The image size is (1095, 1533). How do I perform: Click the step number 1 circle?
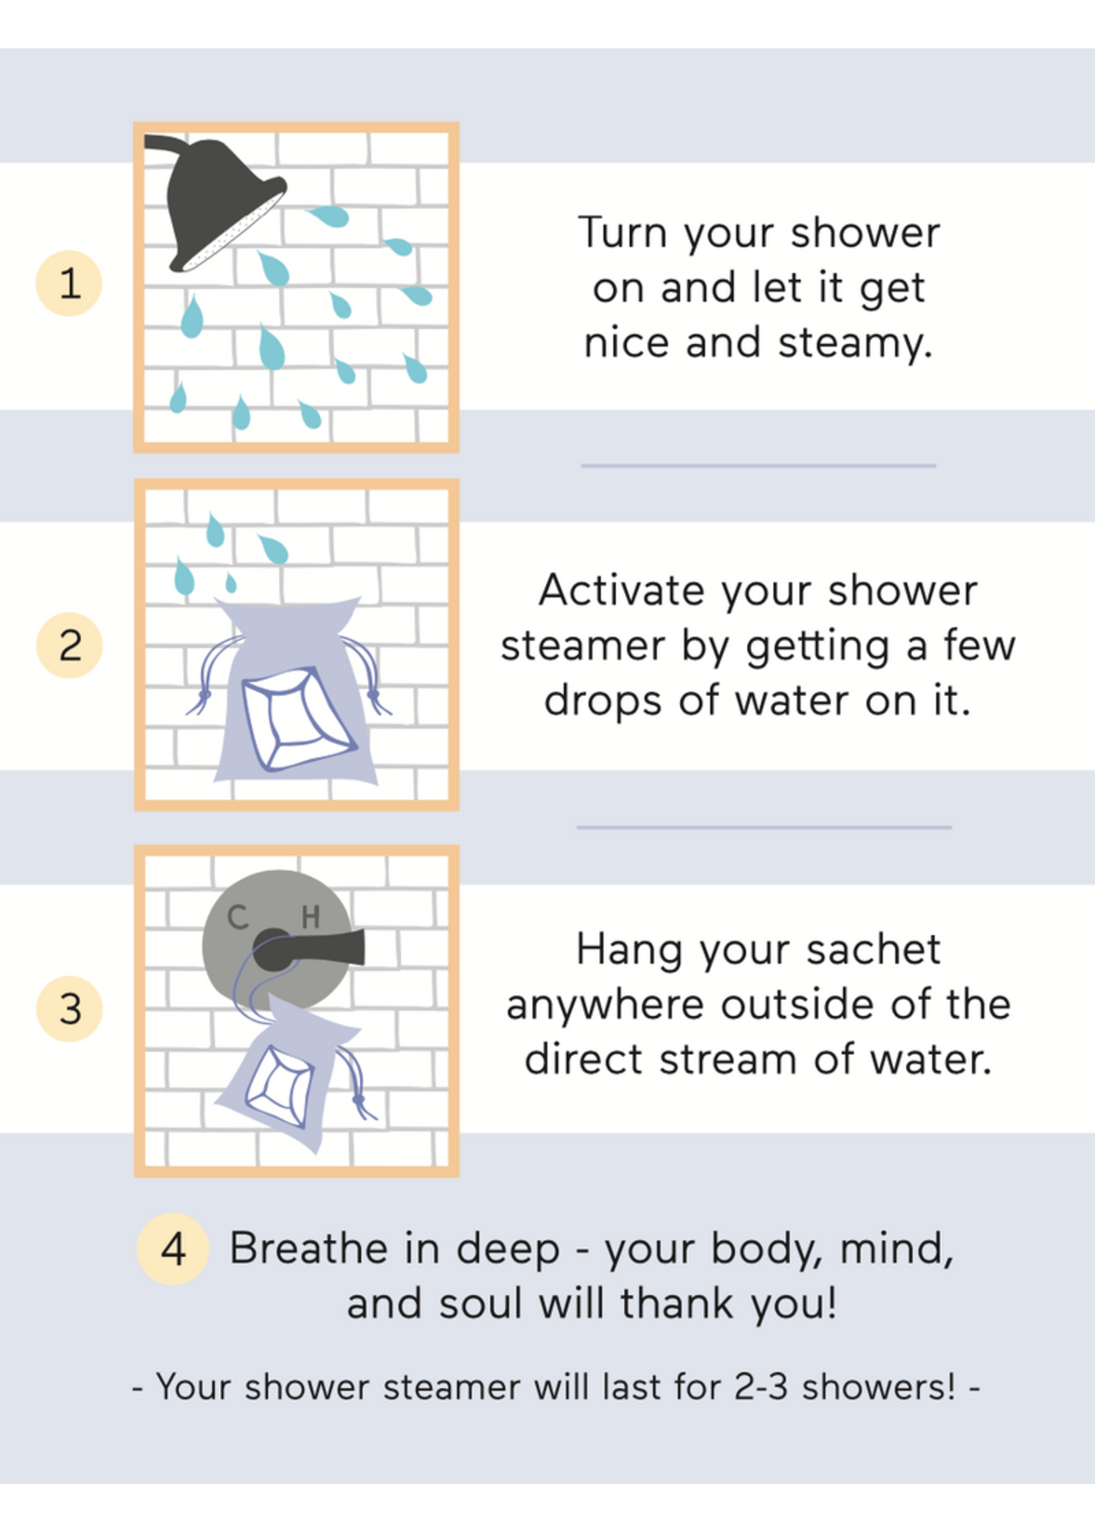[69, 283]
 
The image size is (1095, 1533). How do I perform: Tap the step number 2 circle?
[69, 645]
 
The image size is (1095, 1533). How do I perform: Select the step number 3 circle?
[69, 1009]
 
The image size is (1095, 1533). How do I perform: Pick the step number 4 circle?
[172, 1249]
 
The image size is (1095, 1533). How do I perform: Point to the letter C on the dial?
[237, 917]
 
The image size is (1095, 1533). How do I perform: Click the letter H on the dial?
[311, 917]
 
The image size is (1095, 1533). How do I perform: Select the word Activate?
[622, 591]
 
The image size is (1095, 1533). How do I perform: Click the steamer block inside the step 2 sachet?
[300, 718]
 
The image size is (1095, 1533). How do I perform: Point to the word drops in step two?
[603, 701]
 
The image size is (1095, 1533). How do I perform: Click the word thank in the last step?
[677, 1303]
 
